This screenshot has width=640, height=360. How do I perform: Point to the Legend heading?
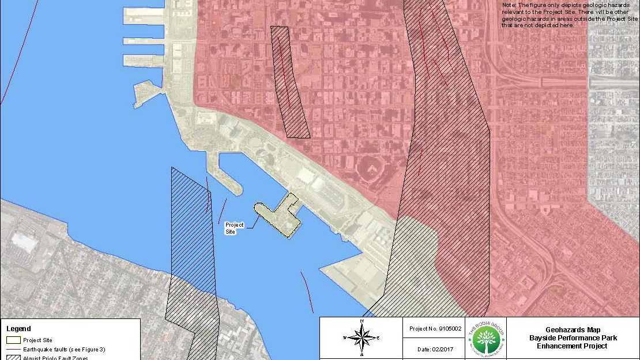pyautogui.click(x=18, y=329)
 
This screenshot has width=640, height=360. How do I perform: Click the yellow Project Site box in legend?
pyautogui.click(x=13, y=340)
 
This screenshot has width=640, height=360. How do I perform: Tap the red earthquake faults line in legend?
pyautogui.click(x=13, y=350)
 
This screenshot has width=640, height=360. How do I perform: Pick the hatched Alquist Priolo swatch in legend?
pyautogui.click(x=13, y=358)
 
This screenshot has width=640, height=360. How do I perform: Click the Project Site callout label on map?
pyautogui.click(x=234, y=228)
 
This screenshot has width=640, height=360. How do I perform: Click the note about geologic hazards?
pyautogui.click(x=570, y=15)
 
